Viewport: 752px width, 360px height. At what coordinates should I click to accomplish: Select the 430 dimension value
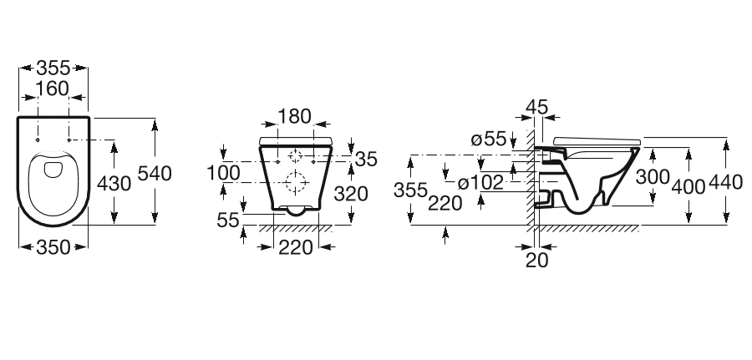114,184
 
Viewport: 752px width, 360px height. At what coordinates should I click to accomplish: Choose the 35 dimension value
366,160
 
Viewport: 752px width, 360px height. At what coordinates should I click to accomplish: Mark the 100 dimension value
223,173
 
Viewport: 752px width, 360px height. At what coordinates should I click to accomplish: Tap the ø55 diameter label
489,139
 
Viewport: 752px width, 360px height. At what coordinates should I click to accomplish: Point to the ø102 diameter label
480,181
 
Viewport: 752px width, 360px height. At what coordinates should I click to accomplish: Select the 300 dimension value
653,176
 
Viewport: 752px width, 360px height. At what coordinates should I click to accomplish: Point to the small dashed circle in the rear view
295,156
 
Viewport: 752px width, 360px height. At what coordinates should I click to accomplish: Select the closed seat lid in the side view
595,138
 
